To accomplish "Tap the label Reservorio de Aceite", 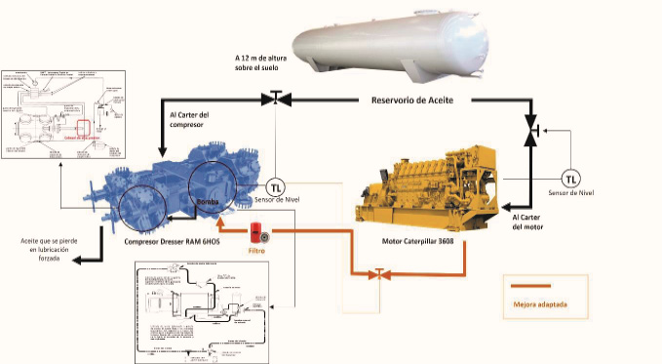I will click(x=427, y=100).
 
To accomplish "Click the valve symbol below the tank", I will click(x=275, y=98).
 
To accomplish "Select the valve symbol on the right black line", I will click(x=530, y=130).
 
